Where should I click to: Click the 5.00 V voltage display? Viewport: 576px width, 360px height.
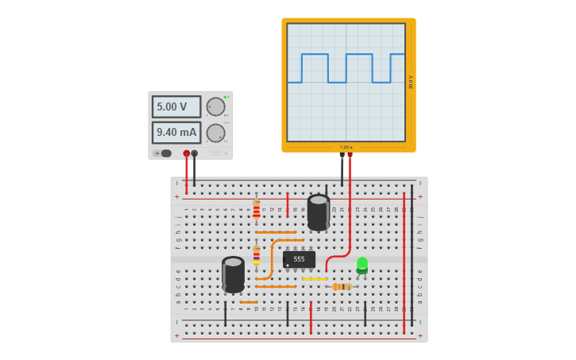coord(176,106)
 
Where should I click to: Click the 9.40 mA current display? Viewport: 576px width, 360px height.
coord(176,133)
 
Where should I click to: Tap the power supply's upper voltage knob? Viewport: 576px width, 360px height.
coord(215,106)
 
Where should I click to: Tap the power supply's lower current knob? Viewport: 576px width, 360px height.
coord(215,133)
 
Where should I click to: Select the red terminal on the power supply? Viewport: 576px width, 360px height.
coord(187,153)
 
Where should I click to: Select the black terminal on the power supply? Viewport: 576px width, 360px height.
coord(195,153)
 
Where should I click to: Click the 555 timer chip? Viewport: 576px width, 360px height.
coord(300,259)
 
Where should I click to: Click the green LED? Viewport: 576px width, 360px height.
coord(362,265)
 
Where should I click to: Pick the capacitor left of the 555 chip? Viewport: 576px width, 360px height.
coord(233,274)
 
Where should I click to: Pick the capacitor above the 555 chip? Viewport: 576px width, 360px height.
coord(319,212)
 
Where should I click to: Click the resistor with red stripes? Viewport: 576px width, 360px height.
coord(256,210)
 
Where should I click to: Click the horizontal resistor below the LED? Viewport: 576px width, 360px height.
coord(341,287)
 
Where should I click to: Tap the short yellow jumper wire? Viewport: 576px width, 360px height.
coord(314,279)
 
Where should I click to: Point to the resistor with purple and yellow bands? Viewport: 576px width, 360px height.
coord(256,255)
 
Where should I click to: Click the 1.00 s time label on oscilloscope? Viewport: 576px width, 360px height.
coord(346,147)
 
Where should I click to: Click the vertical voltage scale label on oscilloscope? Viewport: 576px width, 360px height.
coord(411,82)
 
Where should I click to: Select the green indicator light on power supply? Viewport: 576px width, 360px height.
coord(225,97)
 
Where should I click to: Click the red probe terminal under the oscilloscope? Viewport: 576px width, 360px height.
coord(350,155)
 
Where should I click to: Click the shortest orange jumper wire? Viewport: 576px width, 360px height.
coord(249,302)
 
